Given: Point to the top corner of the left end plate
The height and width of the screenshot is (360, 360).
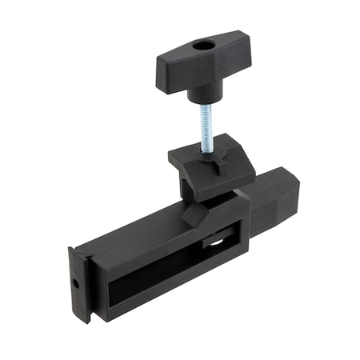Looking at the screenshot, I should [x=72, y=250].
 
